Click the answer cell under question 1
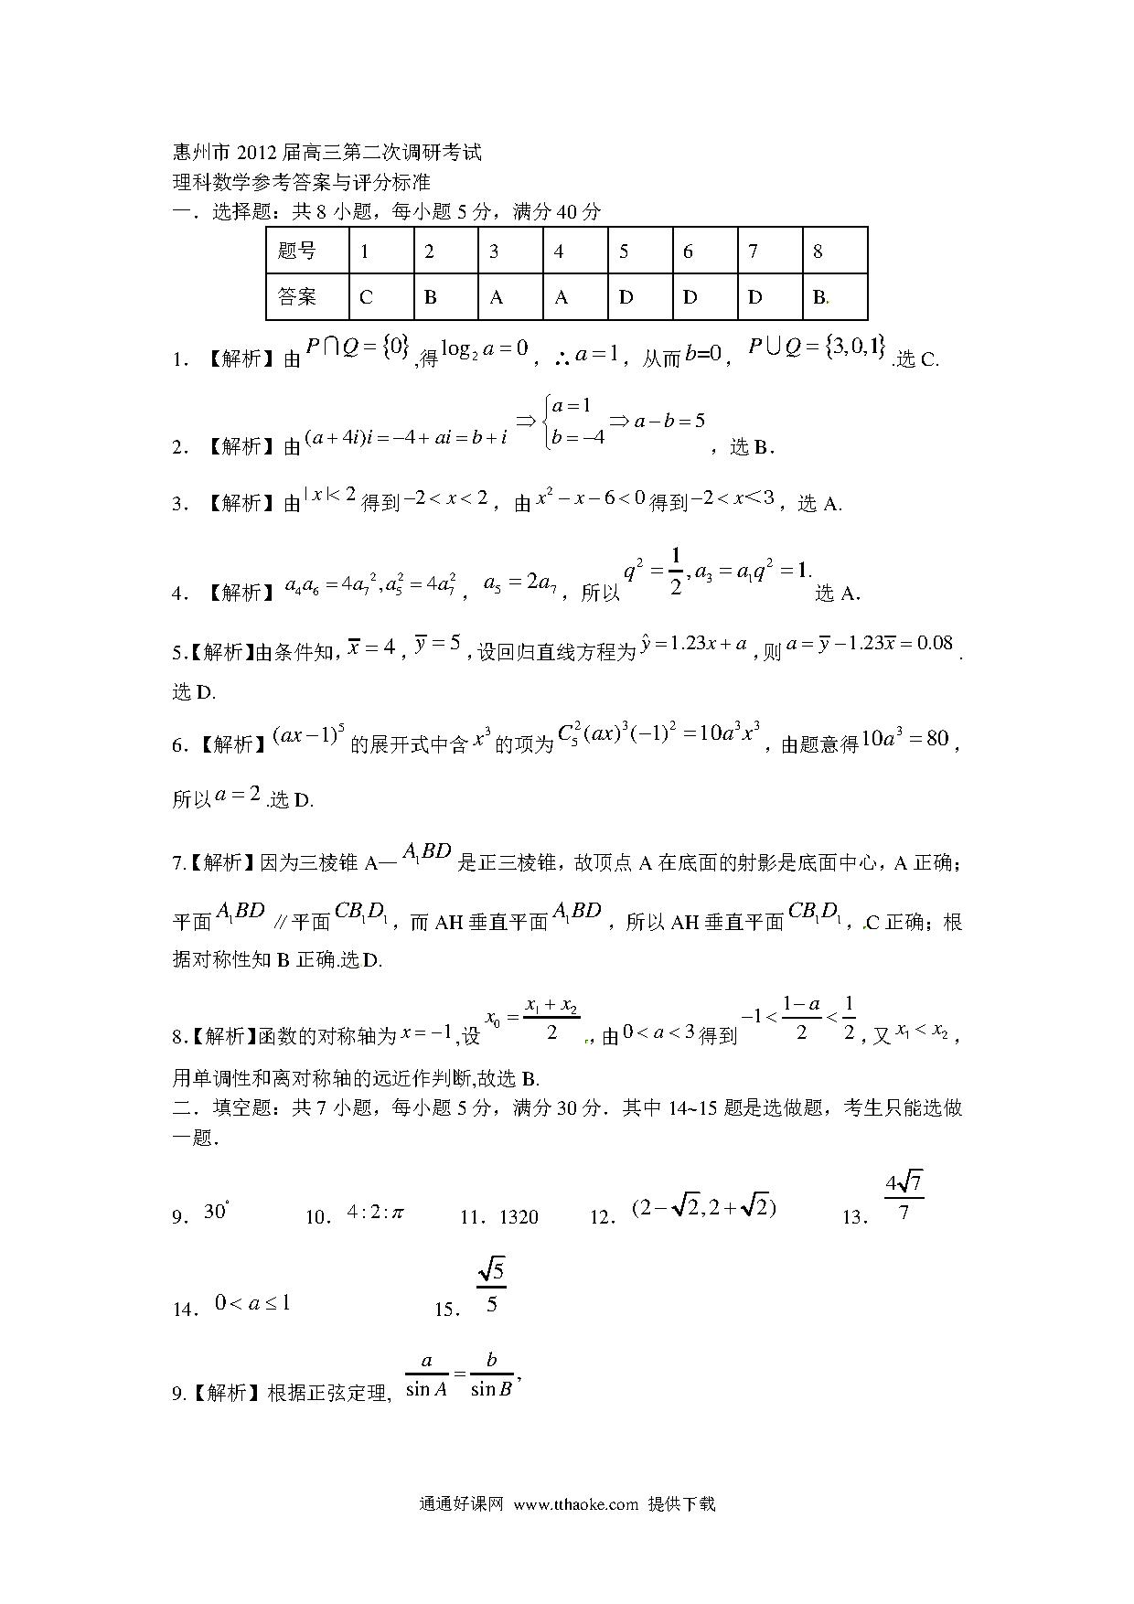pos(380,296)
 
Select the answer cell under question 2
pos(445,296)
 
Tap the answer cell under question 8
pos(834,296)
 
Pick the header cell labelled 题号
pos(307,251)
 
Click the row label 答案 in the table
pos(307,296)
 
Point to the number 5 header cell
pos(640,251)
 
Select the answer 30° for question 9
pos(216,1212)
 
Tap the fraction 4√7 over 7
pos(904,1198)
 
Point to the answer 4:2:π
pos(375,1213)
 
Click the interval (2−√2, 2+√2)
pos(703,1208)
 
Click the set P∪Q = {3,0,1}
pos(817,346)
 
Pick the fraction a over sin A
pos(426,1374)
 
